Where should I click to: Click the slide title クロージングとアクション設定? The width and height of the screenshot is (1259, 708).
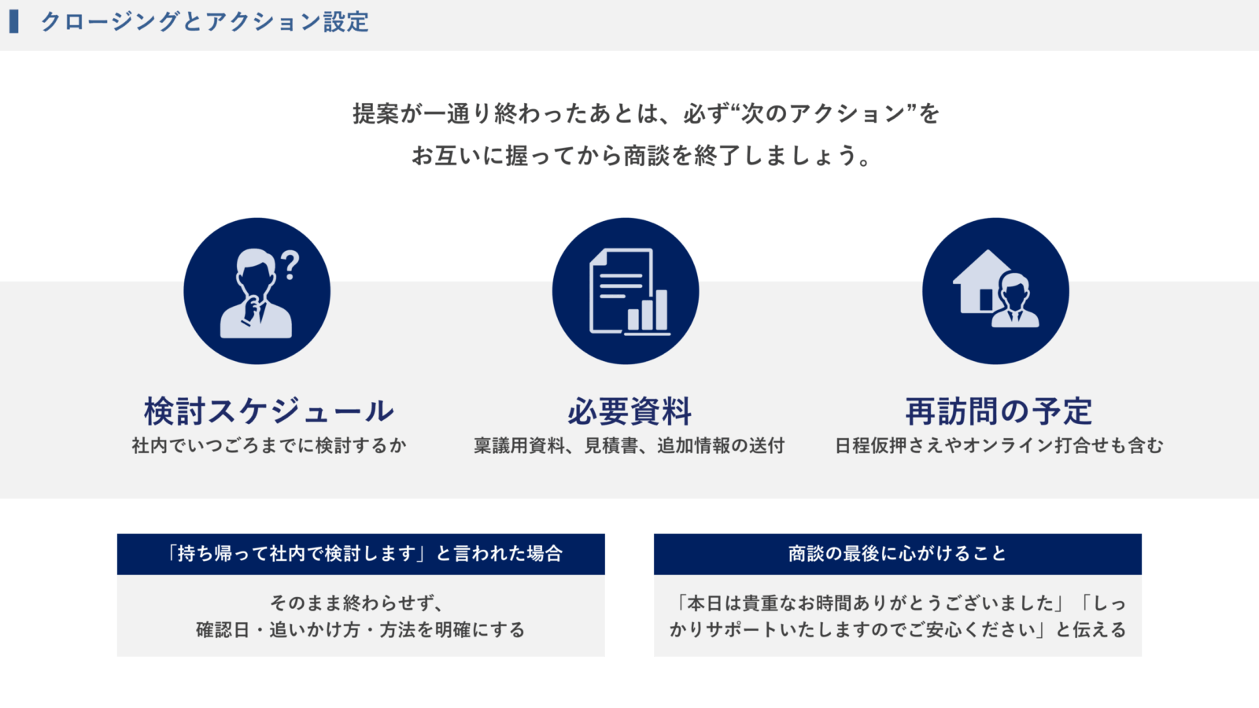[205, 22]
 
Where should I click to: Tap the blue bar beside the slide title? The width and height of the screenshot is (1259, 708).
[14, 22]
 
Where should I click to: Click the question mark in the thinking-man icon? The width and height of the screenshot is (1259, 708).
[290, 265]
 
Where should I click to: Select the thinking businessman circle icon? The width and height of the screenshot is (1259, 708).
[257, 291]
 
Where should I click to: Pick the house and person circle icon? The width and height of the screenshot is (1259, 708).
[995, 291]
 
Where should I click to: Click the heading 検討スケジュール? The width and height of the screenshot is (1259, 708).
[268, 411]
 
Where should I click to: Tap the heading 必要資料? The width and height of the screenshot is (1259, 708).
[629, 411]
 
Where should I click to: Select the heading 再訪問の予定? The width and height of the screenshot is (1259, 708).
[999, 411]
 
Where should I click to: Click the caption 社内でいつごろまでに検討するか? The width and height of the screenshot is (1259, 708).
[268, 445]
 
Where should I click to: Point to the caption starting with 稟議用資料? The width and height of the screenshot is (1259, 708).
[629, 445]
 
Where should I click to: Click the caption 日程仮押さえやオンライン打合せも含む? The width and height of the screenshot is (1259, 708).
[999, 445]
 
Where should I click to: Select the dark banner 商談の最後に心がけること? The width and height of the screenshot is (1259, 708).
[898, 554]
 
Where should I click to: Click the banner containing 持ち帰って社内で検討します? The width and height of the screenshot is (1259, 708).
[361, 554]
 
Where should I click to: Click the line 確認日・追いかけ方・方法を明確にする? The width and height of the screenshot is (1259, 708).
[360, 629]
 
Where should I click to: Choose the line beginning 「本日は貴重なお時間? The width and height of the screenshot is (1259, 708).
[899, 603]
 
